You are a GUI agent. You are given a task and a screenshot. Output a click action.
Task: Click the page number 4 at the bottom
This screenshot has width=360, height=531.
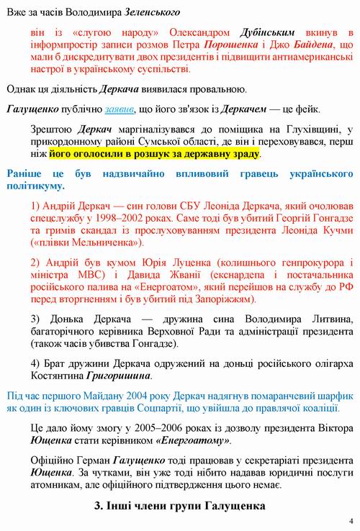point(350,521)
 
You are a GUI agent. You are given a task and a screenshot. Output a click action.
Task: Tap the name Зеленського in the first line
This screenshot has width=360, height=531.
point(153,13)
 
